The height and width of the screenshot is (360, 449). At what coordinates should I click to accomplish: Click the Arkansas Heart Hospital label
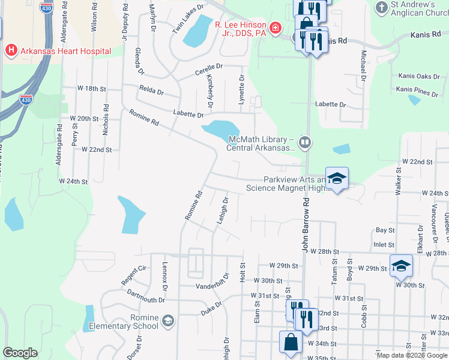(65, 51)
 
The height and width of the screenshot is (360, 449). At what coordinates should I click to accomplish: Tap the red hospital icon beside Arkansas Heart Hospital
(10, 51)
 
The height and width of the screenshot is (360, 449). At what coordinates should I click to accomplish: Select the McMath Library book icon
(306, 142)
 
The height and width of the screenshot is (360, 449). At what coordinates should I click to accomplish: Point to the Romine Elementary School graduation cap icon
(167, 320)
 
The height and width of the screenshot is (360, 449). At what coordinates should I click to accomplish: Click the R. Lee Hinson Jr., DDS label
(241, 28)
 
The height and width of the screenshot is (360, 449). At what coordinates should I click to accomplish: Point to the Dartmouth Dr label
(145, 296)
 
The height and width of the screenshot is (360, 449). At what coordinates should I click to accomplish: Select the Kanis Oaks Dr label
(418, 76)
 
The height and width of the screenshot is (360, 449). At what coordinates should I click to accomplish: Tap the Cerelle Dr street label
(208, 72)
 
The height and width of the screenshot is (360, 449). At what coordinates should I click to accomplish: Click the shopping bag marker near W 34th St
(291, 343)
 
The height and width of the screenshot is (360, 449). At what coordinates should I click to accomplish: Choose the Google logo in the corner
(20, 353)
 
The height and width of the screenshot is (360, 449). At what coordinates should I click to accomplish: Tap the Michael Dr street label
(363, 63)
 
